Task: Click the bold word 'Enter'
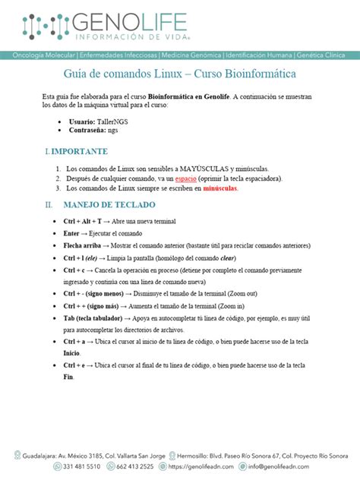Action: pos(74,233)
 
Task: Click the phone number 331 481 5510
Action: pos(83,466)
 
